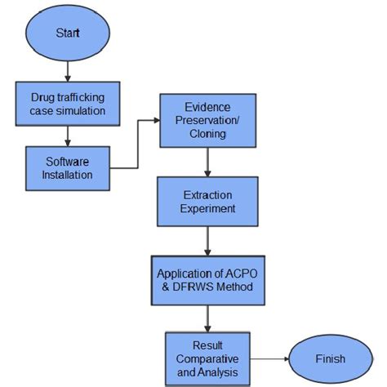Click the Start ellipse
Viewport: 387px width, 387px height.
tap(69, 33)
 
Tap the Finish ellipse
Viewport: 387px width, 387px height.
tap(329, 358)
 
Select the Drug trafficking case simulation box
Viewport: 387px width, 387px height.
tap(68, 102)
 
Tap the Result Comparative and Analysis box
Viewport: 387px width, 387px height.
tap(206, 358)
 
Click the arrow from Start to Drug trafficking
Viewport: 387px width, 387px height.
tap(68, 71)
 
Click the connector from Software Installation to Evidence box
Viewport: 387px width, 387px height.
tap(135, 147)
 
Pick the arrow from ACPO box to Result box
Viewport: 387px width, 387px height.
tap(207, 318)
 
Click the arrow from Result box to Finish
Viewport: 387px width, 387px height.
tap(269, 358)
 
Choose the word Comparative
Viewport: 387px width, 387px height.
tap(206, 358)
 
